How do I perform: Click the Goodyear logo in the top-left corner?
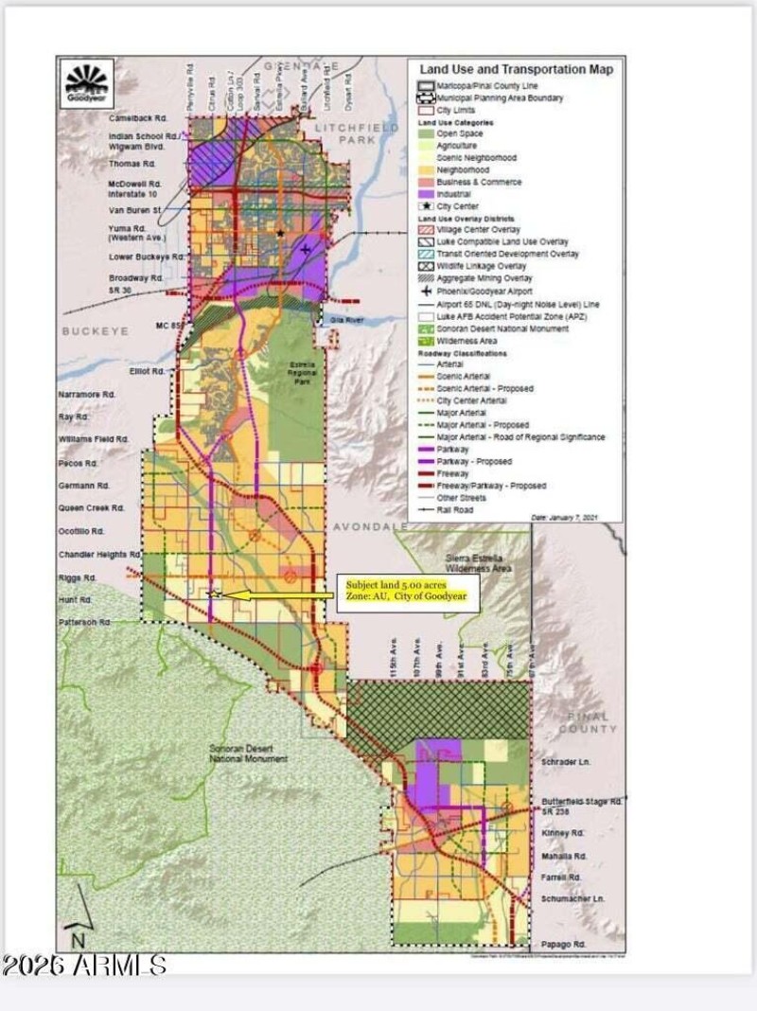(88, 83)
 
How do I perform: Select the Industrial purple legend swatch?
(423, 194)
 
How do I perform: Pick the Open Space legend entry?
(458, 133)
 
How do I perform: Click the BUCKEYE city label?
(95, 331)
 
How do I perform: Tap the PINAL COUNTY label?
(588, 722)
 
